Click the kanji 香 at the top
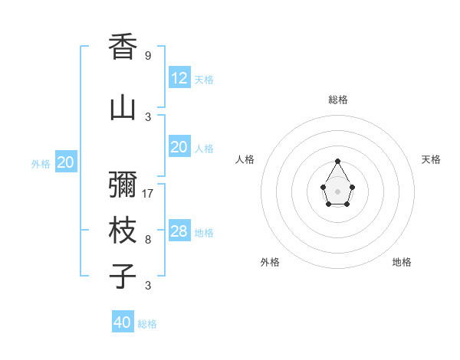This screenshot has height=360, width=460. pyautogui.click(x=123, y=47)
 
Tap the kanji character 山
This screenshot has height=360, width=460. pyautogui.click(x=123, y=108)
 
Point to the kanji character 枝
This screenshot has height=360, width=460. pyautogui.click(x=123, y=231)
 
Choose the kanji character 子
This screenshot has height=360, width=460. pyautogui.click(x=123, y=276)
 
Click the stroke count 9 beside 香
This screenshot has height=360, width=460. pyautogui.click(x=148, y=56)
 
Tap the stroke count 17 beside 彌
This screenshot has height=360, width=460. pyautogui.click(x=149, y=194)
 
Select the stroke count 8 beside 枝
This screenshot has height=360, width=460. pyautogui.click(x=148, y=240)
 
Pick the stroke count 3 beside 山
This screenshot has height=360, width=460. pyautogui.click(x=148, y=116)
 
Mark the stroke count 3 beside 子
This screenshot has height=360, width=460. pyautogui.click(x=148, y=286)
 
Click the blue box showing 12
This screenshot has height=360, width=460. pyautogui.click(x=179, y=78)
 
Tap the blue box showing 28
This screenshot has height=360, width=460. pyautogui.click(x=179, y=231)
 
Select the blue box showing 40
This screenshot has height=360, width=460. pyautogui.click(x=123, y=322)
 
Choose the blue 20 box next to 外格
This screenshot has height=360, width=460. pyautogui.click(x=66, y=162)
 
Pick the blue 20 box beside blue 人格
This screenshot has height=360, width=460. pyautogui.click(x=179, y=147)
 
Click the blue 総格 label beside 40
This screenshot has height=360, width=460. pyautogui.click(x=147, y=324)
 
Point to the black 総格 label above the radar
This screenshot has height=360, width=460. pyautogui.click(x=338, y=100)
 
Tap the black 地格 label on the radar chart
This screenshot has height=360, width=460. pyautogui.click(x=402, y=262)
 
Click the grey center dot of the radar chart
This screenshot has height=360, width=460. pyautogui.click(x=337, y=191)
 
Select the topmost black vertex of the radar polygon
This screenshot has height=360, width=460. pyautogui.click(x=337, y=162)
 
